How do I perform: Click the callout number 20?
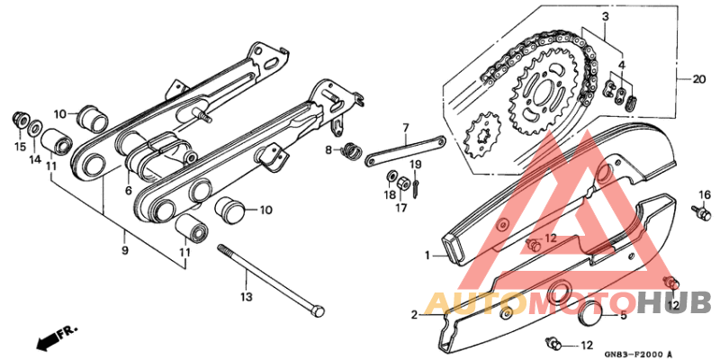[699, 79]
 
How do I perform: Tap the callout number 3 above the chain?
[606, 16]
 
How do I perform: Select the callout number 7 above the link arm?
[406, 128]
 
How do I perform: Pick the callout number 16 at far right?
[705, 194]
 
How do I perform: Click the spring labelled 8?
[350, 149]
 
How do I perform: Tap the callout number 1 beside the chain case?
[429, 256]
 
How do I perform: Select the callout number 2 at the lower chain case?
[416, 315]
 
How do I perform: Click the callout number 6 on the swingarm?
[129, 190]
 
